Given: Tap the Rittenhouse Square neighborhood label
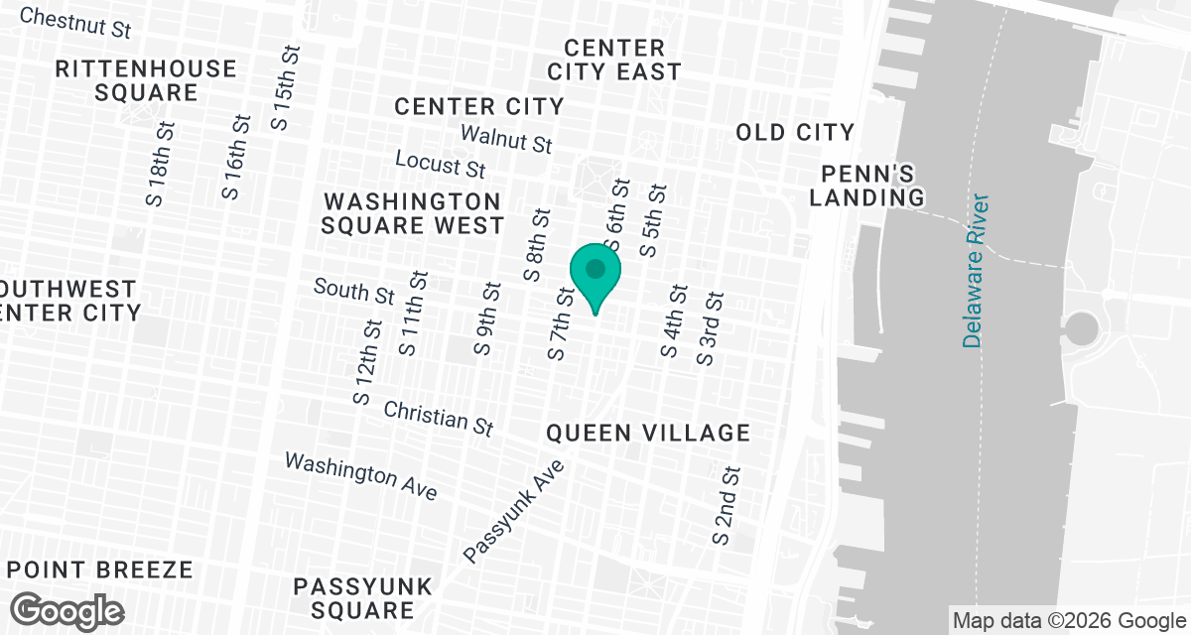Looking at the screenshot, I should point(146,81).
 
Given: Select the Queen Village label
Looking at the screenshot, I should point(648,433).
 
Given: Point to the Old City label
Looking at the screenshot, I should point(795,132).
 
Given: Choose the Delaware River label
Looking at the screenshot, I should point(977,270).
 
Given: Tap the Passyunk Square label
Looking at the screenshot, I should point(363,598).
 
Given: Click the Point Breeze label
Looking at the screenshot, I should point(99,570).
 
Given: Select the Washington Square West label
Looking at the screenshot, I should point(412,213).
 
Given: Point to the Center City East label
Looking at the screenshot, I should point(615,60).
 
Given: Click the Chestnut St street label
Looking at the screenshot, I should point(75,23).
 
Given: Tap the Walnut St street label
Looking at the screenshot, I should point(506,138).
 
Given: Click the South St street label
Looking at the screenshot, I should point(354,291).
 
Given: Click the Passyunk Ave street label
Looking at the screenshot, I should point(514,512).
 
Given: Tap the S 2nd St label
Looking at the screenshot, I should point(727,505).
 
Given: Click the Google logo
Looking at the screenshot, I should point(66,610).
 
